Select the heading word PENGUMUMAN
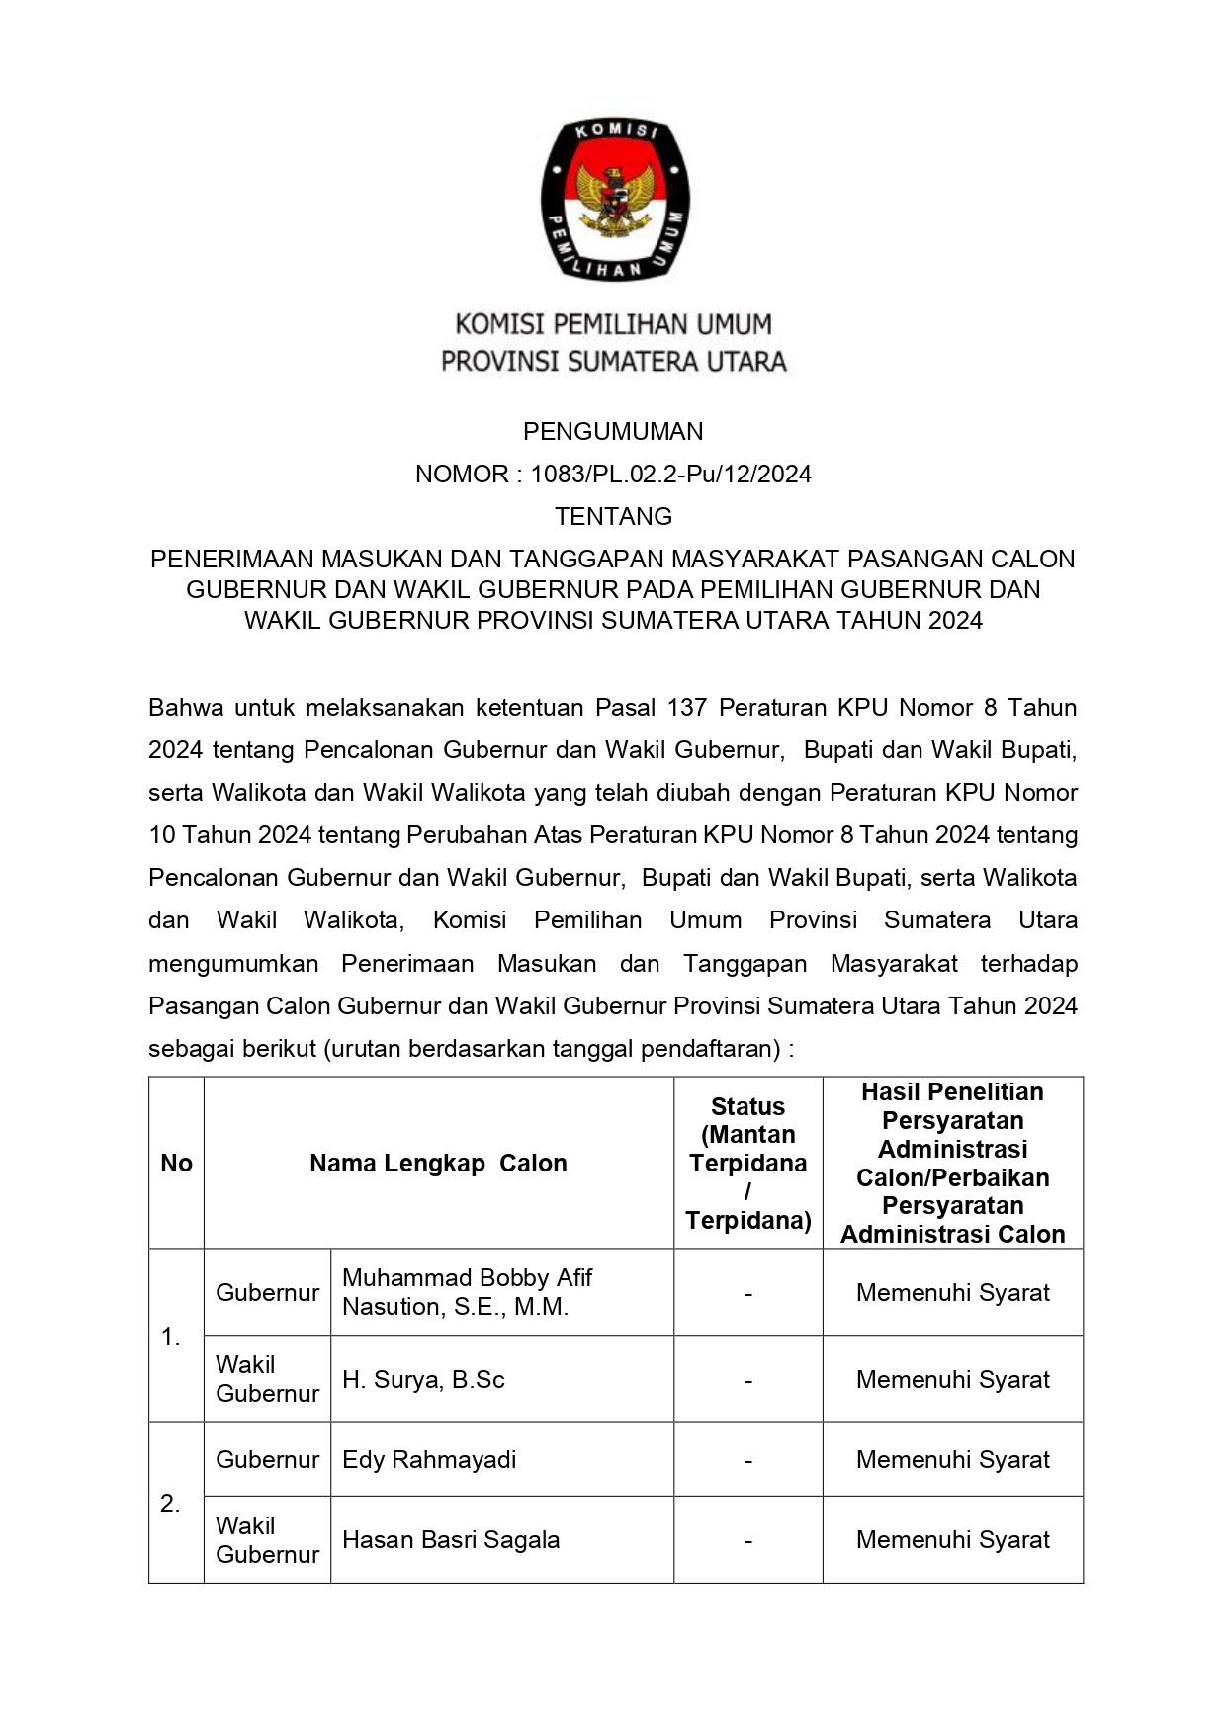pos(613,431)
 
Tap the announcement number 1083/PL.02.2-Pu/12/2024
pos(670,475)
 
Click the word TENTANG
pos(613,516)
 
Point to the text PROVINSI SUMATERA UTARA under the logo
pos(613,362)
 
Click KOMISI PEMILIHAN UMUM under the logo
pos(613,324)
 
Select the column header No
pos(176,1163)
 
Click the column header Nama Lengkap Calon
pos(438,1163)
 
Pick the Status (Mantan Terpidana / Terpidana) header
pos(747,1163)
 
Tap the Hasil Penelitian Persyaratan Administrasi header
pos(952,1163)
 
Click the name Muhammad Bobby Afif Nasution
pos(467,1292)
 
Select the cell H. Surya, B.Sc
pos(423,1379)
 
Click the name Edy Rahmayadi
pos(429,1459)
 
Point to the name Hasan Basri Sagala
pos(451,1539)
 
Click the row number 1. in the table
pos(170,1337)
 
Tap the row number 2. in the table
pos(170,1504)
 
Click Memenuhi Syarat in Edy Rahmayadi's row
pos(952,1459)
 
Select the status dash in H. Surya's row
pos(748,1380)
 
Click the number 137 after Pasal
pos(687,708)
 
